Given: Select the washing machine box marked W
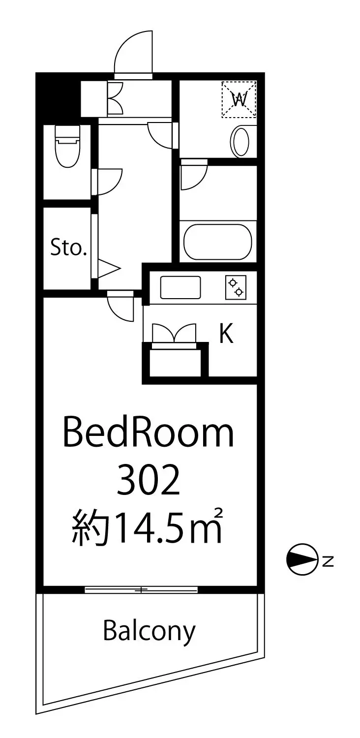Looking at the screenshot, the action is click(x=239, y=99).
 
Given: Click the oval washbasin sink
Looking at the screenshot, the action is click(x=241, y=141).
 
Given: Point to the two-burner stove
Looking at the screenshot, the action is click(x=236, y=287).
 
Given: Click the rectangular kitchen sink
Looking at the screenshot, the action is click(x=180, y=287).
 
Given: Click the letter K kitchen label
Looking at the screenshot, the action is click(x=227, y=334).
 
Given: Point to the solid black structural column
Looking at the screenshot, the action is click(x=58, y=94).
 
